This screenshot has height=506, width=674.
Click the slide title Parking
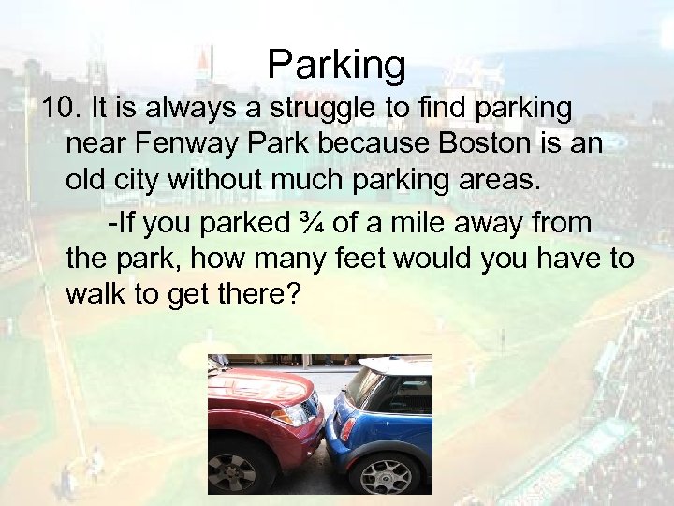(x=337, y=65)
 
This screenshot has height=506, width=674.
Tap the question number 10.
(x=61, y=110)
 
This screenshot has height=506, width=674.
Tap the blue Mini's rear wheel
(x=386, y=476)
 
